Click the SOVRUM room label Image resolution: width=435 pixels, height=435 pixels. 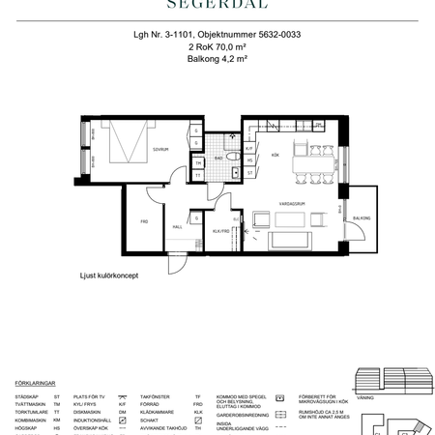(x=160, y=150)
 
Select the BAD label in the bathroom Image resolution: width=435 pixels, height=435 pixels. (x=219, y=157)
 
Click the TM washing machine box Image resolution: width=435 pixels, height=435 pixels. (x=198, y=163)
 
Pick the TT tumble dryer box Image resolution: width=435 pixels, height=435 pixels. (x=198, y=177)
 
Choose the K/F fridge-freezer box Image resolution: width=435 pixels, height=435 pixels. (x=248, y=149)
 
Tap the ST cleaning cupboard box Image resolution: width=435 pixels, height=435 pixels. (x=248, y=173)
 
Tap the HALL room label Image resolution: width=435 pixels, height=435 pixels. (x=178, y=227)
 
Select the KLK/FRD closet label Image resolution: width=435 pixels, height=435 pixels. (x=220, y=232)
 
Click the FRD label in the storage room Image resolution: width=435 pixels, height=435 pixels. (x=144, y=221)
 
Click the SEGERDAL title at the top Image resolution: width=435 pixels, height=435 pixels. (x=217, y=5)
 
